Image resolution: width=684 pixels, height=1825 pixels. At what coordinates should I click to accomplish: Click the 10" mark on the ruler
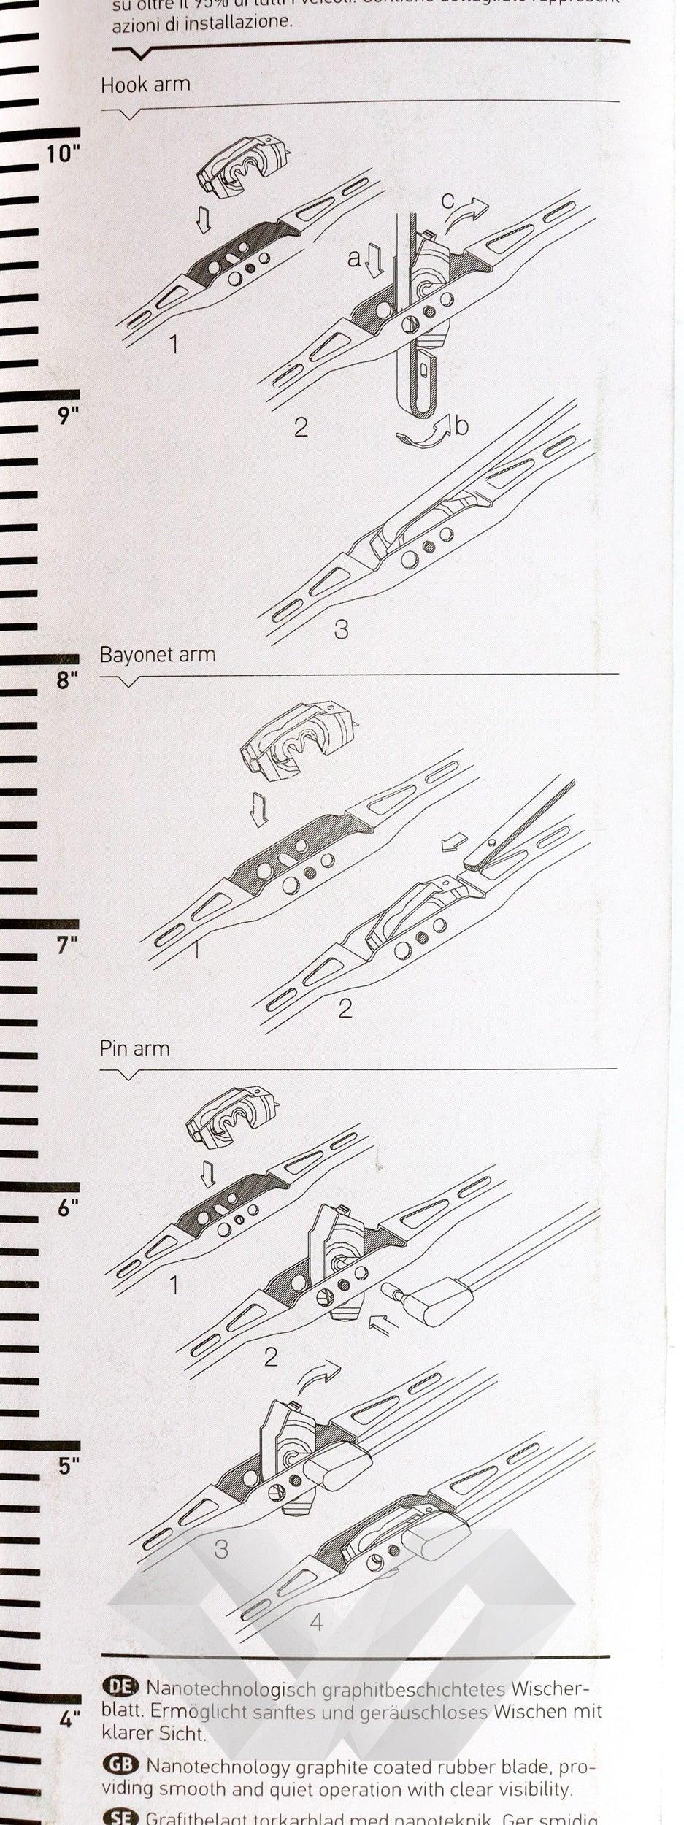(63, 154)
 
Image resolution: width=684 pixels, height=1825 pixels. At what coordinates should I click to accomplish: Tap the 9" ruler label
(68, 416)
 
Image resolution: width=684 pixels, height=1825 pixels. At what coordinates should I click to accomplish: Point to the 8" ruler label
(67, 680)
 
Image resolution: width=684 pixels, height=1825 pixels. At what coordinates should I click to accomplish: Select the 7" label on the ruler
(67, 945)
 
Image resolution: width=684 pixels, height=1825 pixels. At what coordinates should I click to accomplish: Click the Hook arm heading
(145, 85)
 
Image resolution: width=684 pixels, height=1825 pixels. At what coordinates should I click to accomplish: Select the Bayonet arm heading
(158, 654)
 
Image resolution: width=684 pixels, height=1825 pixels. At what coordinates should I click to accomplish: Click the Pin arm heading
(134, 1049)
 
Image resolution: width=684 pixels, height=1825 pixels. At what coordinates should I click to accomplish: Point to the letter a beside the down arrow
(354, 258)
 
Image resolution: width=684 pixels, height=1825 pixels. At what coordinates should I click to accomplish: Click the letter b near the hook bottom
(461, 426)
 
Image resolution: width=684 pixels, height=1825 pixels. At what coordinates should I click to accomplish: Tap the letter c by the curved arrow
(447, 199)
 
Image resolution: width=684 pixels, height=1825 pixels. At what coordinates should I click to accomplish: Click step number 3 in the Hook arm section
(341, 629)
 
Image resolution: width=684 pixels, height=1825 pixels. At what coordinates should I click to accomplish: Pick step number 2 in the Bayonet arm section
(345, 1008)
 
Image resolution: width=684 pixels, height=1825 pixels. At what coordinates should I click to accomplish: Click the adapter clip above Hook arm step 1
(241, 166)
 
